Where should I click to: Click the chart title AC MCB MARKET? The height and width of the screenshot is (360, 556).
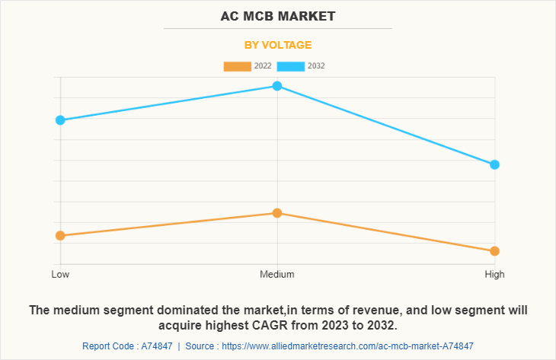(277, 15)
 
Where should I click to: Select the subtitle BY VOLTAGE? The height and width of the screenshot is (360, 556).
(277, 45)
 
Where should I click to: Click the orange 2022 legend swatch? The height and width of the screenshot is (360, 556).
(237, 66)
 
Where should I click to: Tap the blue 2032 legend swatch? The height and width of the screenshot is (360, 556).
(291, 66)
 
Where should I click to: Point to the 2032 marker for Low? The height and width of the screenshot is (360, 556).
(60, 120)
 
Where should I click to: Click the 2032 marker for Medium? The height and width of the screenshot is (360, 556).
(277, 86)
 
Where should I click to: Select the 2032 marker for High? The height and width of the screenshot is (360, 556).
(494, 164)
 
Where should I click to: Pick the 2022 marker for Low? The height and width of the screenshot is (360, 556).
(60, 236)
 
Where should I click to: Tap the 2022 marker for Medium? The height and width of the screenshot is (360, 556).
(277, 213)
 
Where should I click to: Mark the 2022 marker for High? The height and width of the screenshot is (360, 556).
(494, 251)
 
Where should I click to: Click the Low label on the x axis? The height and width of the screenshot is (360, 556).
(60, 274)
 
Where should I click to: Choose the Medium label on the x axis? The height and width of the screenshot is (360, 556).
(277, 274)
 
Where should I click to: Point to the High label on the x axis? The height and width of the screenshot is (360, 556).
(494, 274)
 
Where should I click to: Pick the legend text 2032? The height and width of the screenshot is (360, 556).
(316, 66)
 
